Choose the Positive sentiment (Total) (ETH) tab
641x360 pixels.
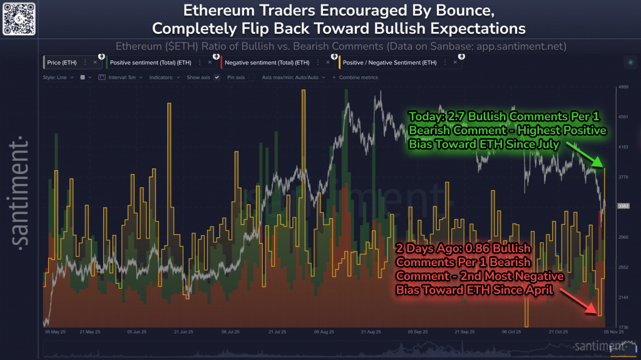coord(150,63)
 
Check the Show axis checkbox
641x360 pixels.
coord(217,77)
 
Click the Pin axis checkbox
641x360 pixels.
coord(252,77)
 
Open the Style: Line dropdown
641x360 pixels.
coord(58,77)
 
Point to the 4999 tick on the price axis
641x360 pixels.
coord(623,87)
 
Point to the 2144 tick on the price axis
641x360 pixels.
coord(623,297)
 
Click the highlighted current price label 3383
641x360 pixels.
coord(623,206)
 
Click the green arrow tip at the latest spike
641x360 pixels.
coord(604,167)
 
